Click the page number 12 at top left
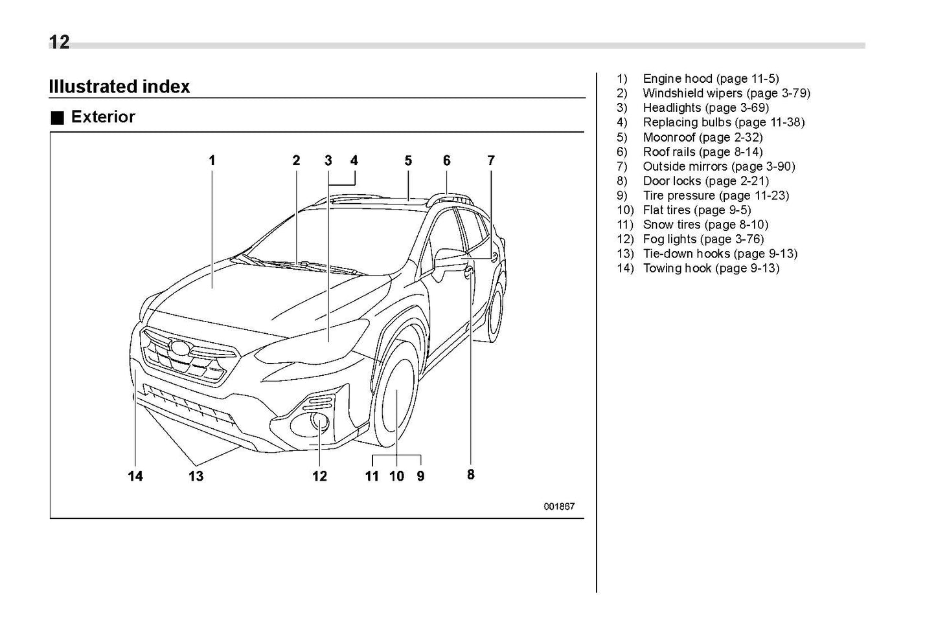59,42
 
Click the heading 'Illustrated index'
119,87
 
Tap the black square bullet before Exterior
58,118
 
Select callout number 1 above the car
212,160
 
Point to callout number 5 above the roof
408,160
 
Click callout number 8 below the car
471,474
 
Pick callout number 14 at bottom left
135,476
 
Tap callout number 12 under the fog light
319,476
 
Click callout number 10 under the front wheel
396,476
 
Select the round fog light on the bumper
320,422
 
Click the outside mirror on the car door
450,257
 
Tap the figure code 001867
558,507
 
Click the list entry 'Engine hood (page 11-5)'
711,79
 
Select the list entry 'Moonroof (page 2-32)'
702,137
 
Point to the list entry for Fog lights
703,239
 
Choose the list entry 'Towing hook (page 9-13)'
711,268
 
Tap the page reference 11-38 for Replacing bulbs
787,122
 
